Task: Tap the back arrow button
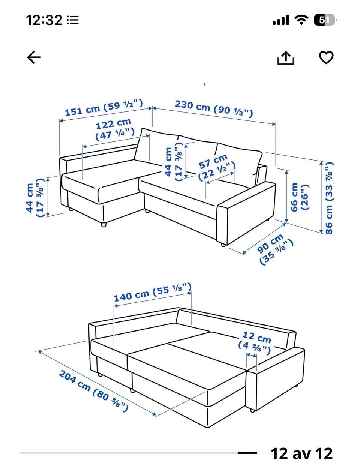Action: click(x=34, y=57)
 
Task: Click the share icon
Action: click(x=286, y=57)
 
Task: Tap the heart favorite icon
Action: click(x=326, y=57)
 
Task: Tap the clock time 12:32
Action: click(x=44, y=20)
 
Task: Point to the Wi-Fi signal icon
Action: click(x=302, y=20)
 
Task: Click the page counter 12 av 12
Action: click(x=301, y=454)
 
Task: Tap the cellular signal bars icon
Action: click(x=281, y=20)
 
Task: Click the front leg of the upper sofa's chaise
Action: click(x=103, y=225)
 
